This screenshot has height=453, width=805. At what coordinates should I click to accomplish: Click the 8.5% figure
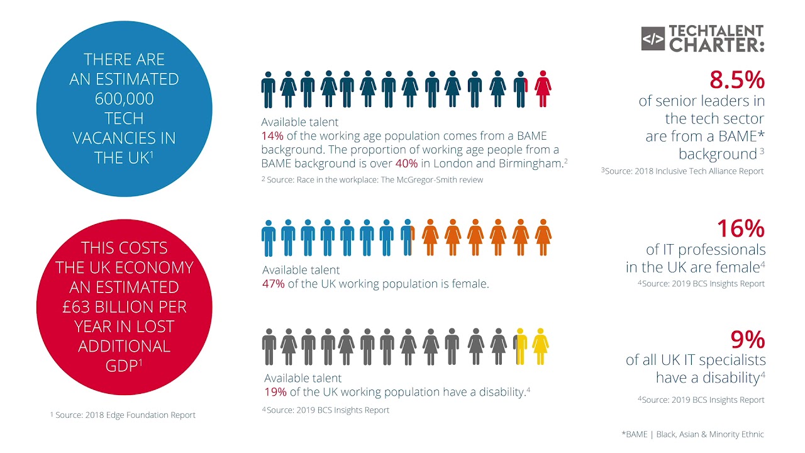tap(736, 80)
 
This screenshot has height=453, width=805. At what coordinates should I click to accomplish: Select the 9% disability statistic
tap(747, 340)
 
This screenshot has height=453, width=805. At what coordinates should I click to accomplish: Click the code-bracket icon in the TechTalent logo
tap(653, 39)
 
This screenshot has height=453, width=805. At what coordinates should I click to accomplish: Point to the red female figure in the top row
tap(543, 89)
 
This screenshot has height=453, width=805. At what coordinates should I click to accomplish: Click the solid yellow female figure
tap(540, 347)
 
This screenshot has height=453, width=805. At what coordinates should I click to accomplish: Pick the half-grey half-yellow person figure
tap(519, 347)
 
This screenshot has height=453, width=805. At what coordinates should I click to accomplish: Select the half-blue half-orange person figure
tap(408, 237)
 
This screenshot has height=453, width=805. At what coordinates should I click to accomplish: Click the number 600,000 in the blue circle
tap(125, 99)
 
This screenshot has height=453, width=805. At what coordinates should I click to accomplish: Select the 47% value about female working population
tap(274, 284)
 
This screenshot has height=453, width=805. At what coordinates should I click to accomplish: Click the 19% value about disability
tap(275, 392)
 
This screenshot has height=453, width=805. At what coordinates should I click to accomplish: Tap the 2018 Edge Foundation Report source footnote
tap(123, 415)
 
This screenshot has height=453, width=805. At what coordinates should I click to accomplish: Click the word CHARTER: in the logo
tap(716, 45)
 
